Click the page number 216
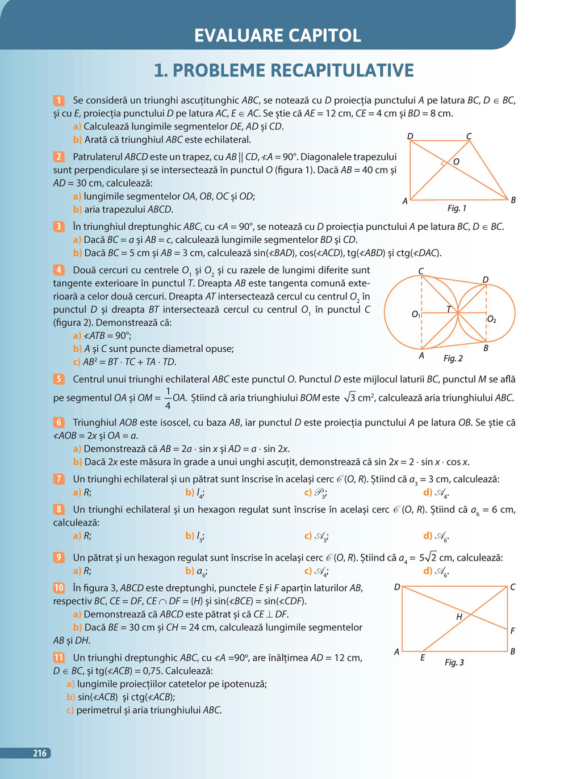[39, 753]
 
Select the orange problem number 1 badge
[59, 100]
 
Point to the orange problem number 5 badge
[59, 379]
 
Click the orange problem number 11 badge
[59, 658]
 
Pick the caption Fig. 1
[457, 208]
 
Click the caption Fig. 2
[453, 359]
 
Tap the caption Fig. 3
[454, 663]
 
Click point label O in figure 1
[456, 162]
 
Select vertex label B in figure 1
[513, 200]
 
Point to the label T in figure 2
[449, 309]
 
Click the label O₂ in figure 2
[492, 319]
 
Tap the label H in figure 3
[459, 617]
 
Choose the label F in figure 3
[512, 631]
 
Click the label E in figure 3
[423, 658]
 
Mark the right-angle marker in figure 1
[443, 165]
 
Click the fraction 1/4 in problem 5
[168, 398]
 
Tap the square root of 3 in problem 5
[349, 398]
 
